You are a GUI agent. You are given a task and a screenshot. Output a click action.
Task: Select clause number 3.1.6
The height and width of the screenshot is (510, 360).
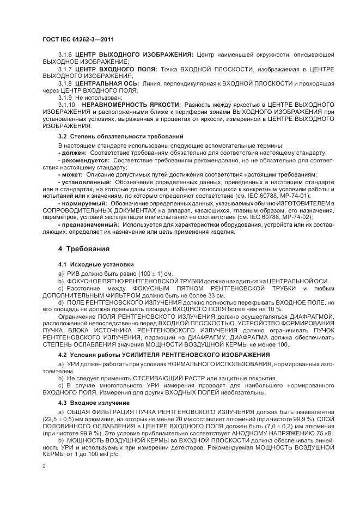65,55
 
